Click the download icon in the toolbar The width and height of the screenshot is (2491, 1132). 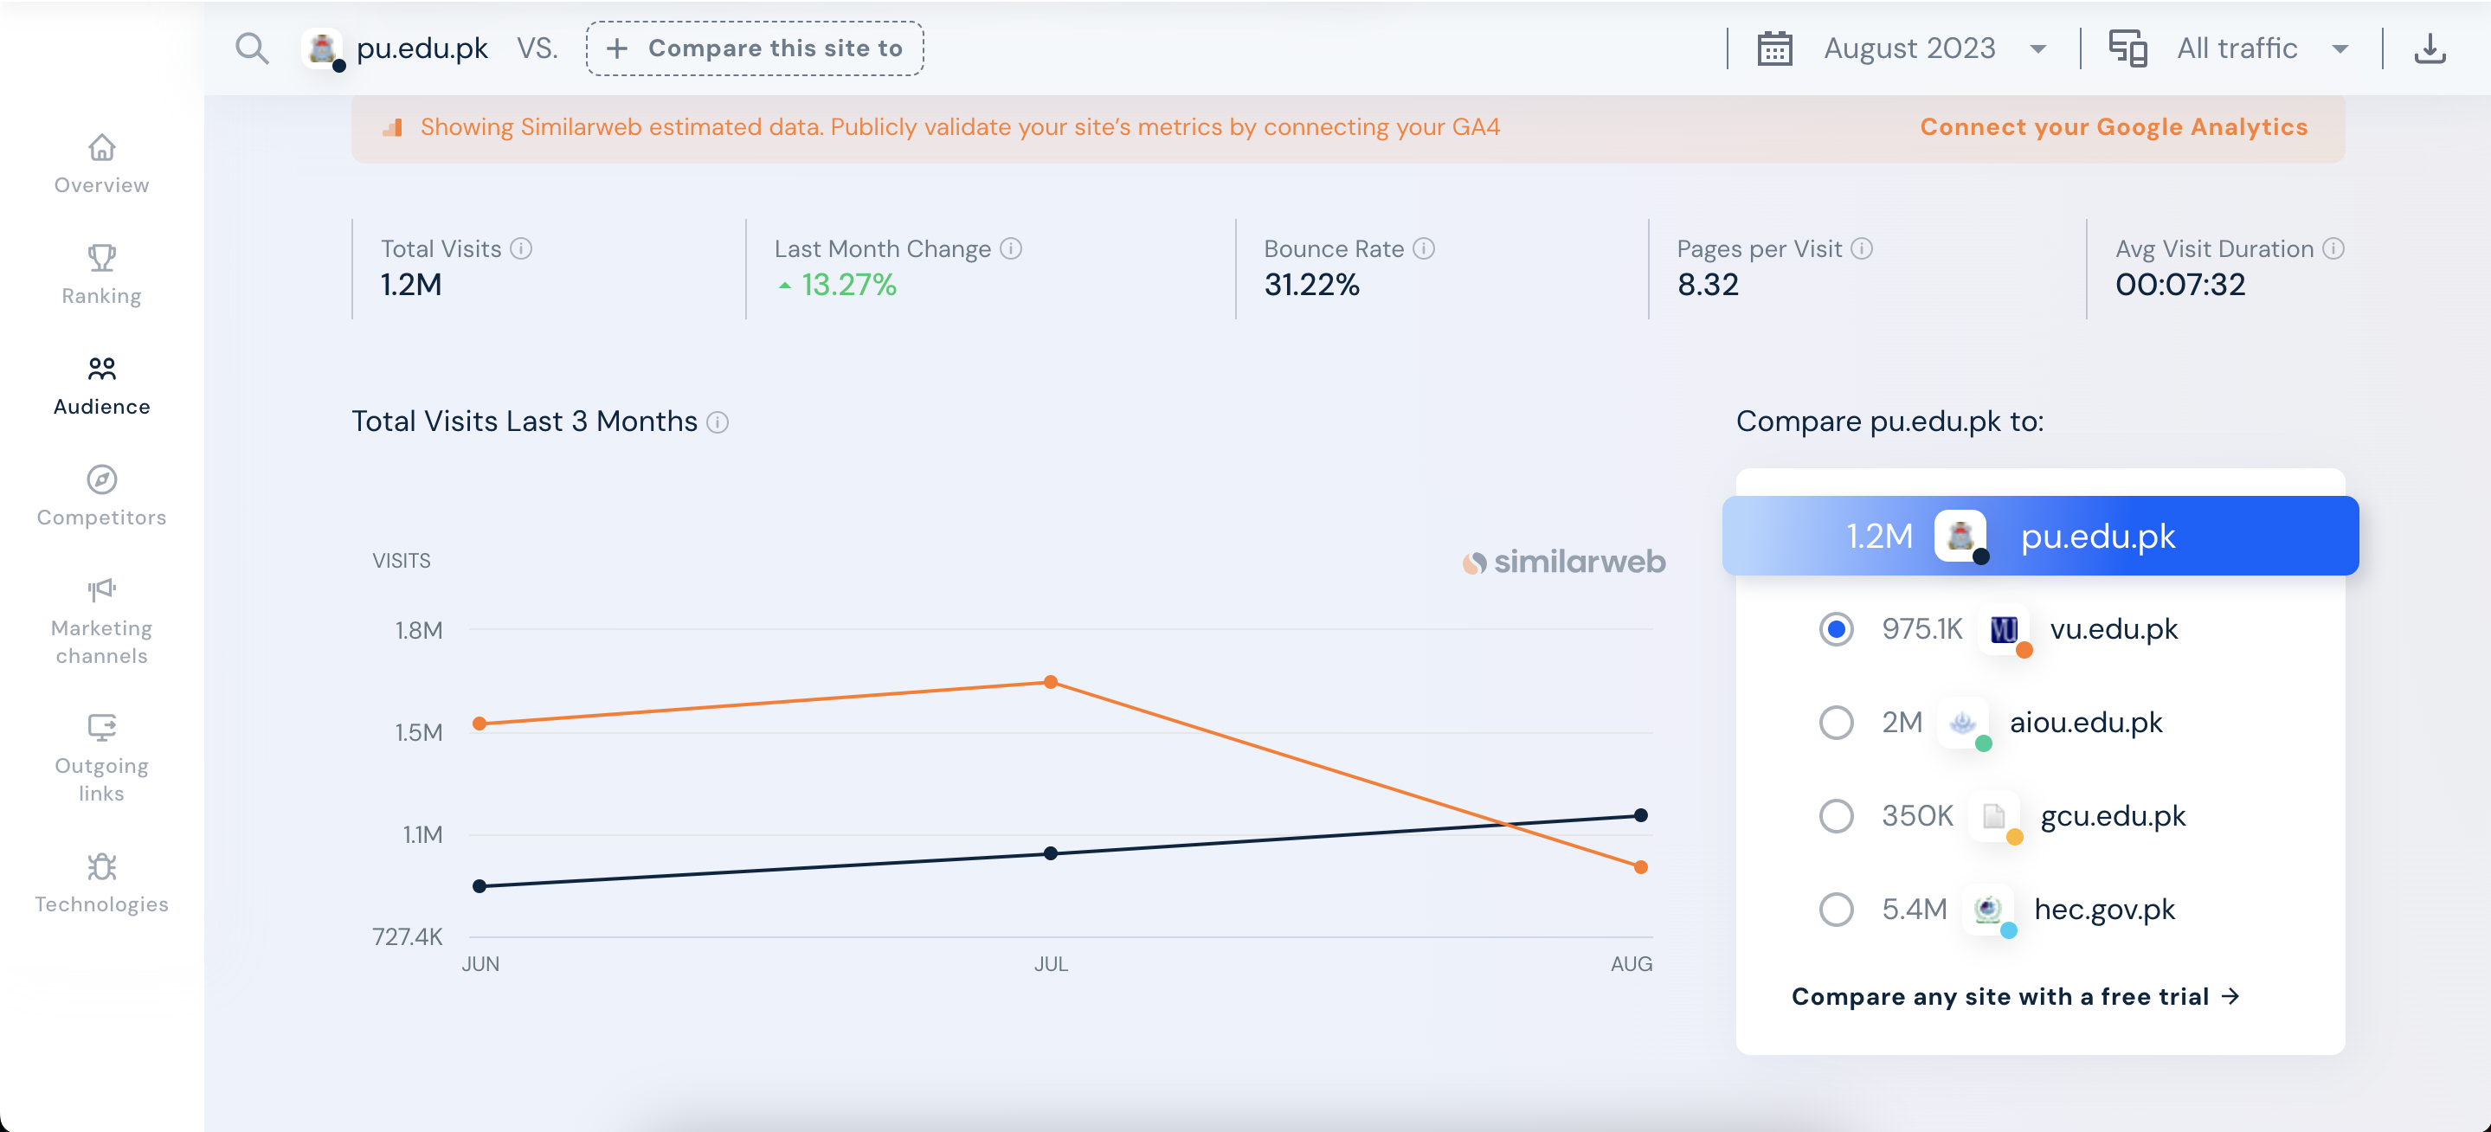2429,48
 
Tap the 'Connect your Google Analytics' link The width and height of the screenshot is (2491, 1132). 2113,126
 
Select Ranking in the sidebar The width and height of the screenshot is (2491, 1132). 101,274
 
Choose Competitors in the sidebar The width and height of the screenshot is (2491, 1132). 101,496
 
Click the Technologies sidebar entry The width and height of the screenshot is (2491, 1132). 101,883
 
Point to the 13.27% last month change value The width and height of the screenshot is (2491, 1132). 848,286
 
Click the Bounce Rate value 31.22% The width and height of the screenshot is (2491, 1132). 1311,286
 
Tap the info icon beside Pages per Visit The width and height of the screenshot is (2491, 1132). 1862,248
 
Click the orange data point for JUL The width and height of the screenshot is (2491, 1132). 1050,683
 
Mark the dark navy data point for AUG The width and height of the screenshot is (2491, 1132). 1640,815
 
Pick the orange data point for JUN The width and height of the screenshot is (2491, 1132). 480,724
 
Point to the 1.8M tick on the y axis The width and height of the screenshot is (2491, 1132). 419,630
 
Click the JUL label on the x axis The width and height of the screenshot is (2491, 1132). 1050,964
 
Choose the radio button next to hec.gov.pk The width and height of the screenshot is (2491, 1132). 1836,909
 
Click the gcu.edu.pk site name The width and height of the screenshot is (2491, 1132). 2112,816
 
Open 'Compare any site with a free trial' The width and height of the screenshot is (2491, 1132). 2015,997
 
